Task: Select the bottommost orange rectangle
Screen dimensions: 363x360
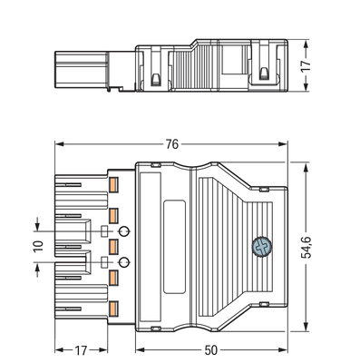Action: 114,307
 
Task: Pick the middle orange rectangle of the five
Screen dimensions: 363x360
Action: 114,246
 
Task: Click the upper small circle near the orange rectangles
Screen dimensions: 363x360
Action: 124,230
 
